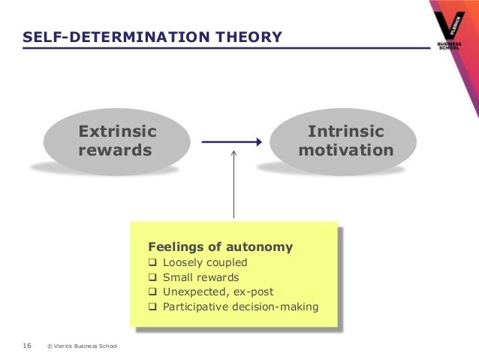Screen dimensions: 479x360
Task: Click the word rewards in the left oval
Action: [115, 150]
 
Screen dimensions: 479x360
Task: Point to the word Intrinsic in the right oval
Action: [346, 132]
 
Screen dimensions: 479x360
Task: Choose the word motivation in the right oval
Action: [346, 150]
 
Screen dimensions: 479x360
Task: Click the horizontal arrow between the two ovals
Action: [231, 141]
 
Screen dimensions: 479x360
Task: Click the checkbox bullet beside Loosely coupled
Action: [153, 262]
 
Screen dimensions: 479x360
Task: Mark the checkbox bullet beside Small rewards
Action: [153, 277]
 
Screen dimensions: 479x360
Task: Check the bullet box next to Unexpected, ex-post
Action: [153, 292]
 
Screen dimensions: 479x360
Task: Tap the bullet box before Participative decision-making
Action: [153, 307]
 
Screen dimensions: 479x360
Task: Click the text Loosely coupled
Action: [205, 262]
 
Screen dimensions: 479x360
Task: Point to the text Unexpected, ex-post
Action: [218, 292]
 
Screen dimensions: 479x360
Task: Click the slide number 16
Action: [27, 346]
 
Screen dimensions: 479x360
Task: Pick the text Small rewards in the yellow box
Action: [201, 277]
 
